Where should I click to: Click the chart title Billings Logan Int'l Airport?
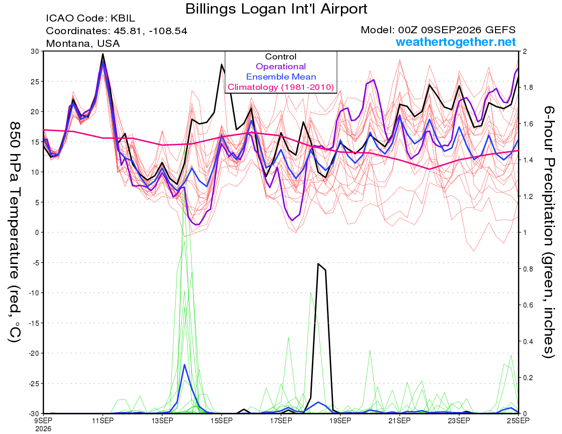click(x=276, y=9)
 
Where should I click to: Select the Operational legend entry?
click(x=281, y=66)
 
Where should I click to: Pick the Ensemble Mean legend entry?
click(x=281, y=77)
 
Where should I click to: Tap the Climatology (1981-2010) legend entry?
click(x=281, y=87)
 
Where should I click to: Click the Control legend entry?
click(x=281, y=57)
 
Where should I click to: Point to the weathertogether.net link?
click(x=456, y=42)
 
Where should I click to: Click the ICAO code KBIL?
click(x=123, y=18)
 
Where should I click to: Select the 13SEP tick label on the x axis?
click(x=162, y=420)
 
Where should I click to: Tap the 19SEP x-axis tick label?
click(x=340, y=420)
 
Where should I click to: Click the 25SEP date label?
click(x=518, y=420)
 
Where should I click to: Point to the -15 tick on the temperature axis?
click(x=34, y=323)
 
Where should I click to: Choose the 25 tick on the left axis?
click(x=35, y=81)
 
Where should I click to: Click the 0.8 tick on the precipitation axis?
click(x=527, y=269)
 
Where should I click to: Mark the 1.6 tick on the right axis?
click(x=527, y=124)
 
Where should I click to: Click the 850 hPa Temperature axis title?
click(x=15, y=232)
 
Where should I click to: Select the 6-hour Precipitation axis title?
click(x=549, y=232)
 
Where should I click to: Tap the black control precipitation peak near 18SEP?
click(x=318, y=264)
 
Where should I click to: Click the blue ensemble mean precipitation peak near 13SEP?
click(x=185, y=365)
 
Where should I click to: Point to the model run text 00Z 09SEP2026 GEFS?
click(x=457, y=30)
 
